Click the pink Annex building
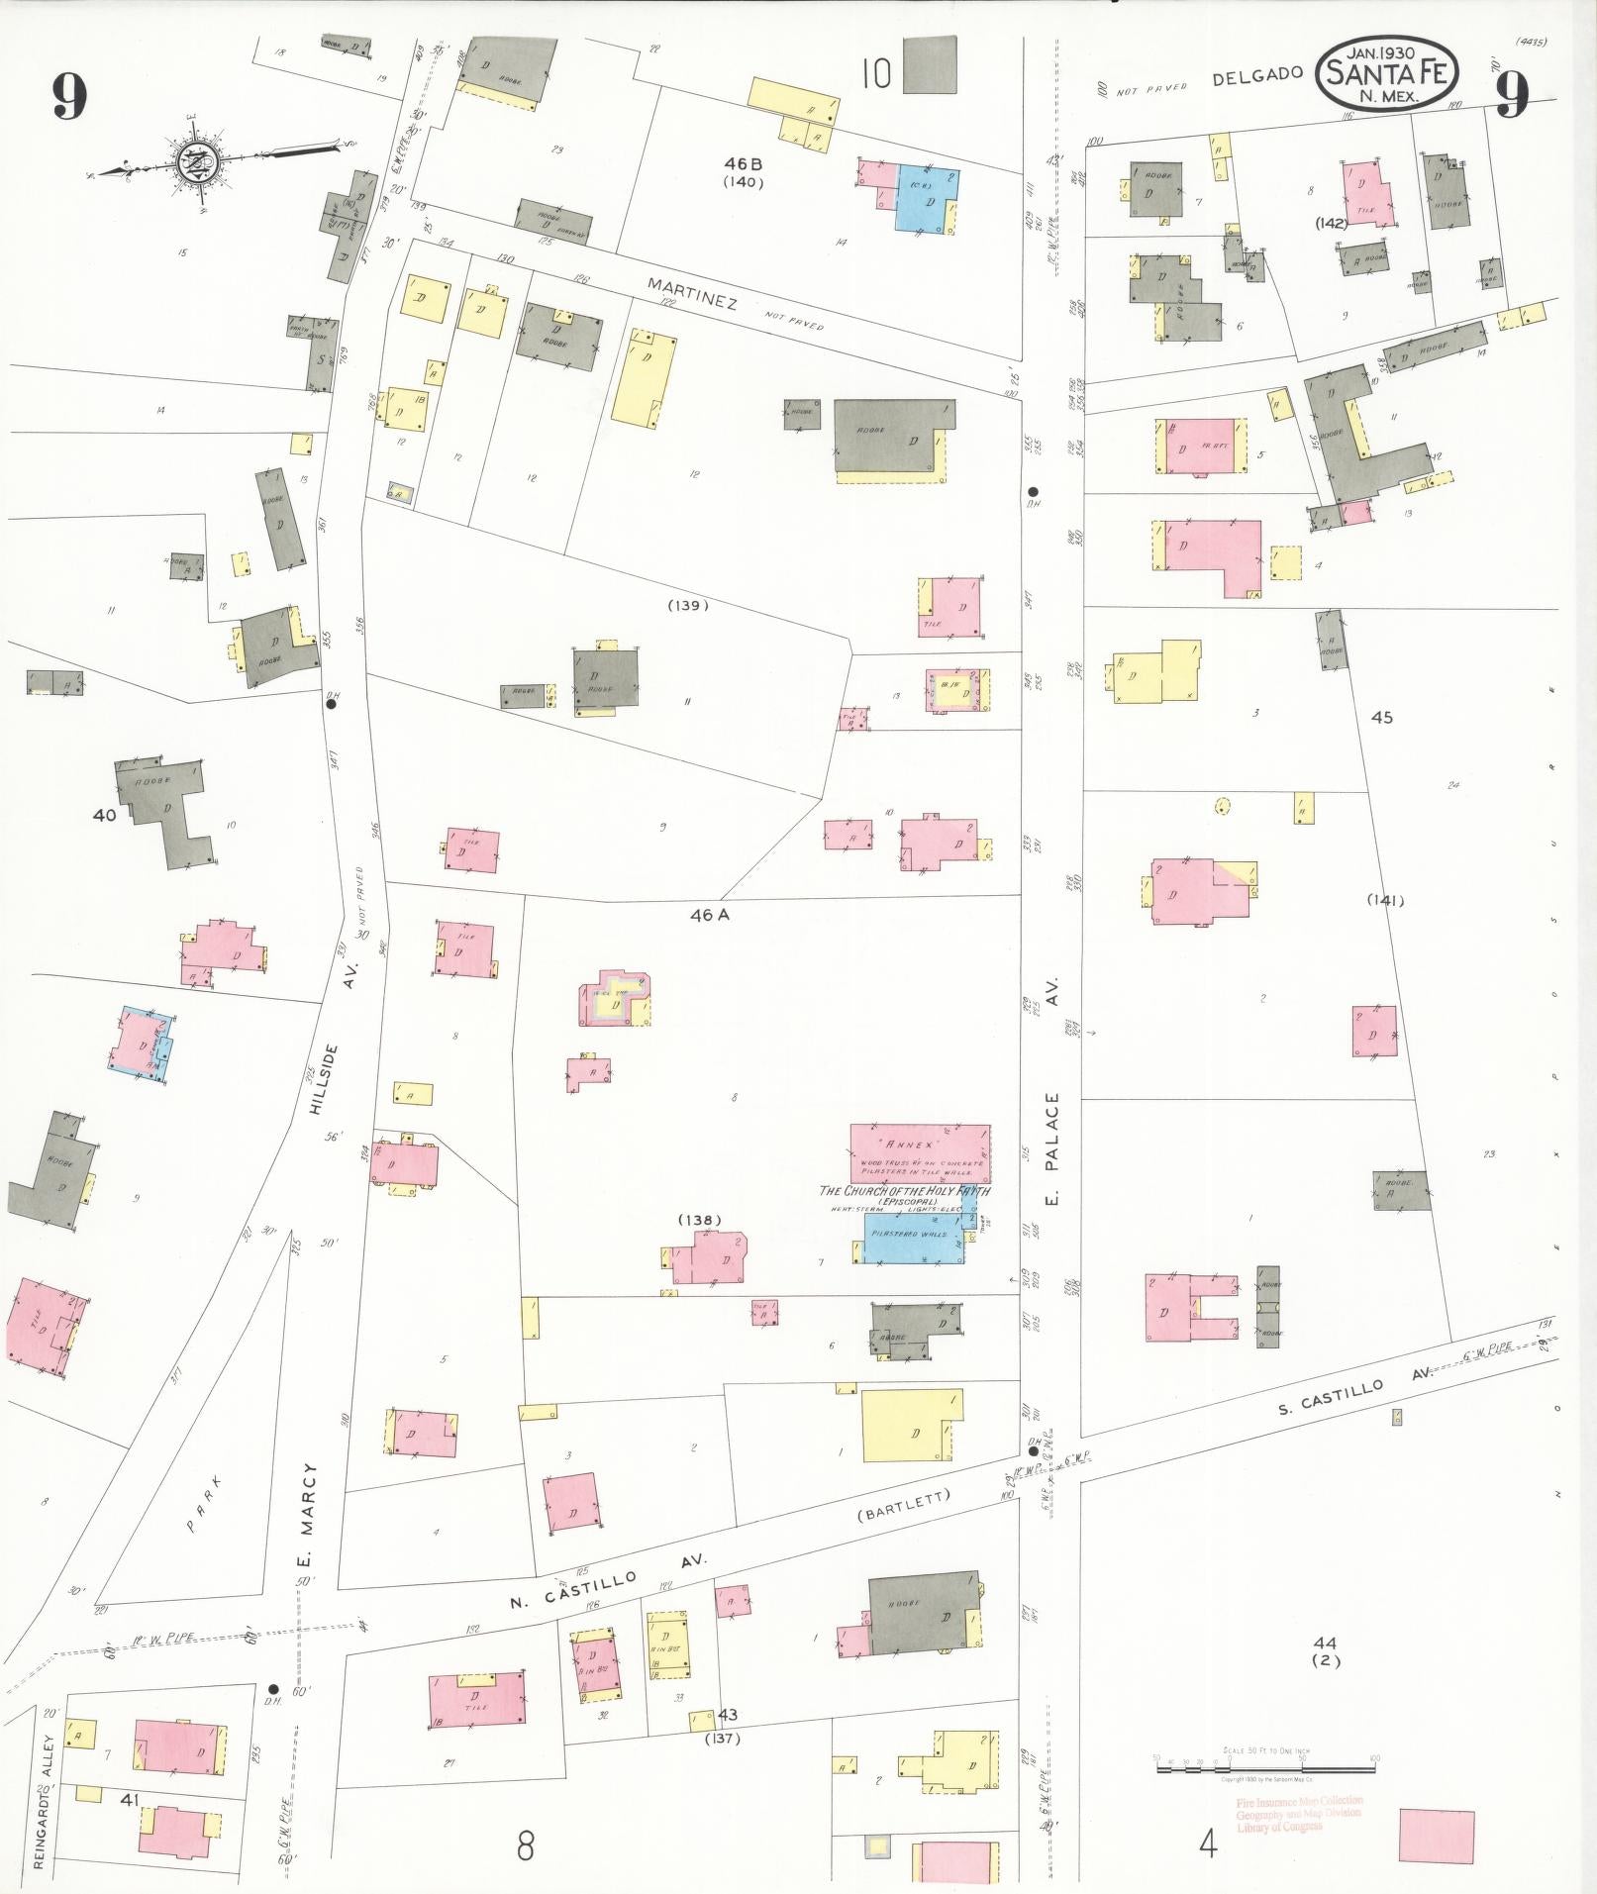pos(920,1151)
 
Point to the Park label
pos(200,1518)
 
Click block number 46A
pos(709,916)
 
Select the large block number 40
pos(104,815)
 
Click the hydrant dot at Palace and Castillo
pos(1033,1451)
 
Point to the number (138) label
pos(700,1220)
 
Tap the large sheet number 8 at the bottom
pos(525,1845)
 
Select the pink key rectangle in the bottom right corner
pos(1436,1837)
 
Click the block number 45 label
pos(1381,717)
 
